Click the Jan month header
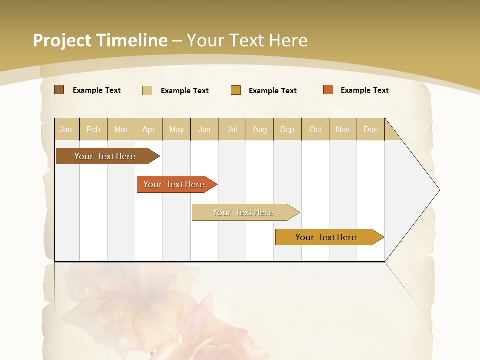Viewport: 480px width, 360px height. [66, 129]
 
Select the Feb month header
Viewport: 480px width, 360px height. [93, 129]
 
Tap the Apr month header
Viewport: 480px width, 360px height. [149, 129]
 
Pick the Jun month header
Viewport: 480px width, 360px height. [204, 129]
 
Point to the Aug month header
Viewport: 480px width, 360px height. [260, 129]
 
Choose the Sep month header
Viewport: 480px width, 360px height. [287, 129]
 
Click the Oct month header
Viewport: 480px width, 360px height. [315, 129]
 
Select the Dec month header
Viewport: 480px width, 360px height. [371, 129]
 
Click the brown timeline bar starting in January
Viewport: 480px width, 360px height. [105, 156]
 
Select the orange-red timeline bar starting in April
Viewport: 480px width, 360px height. [174, 184]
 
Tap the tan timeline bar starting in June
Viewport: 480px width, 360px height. [243, 212]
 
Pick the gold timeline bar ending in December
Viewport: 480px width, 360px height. [326, 237]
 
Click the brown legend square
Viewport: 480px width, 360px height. [59, 90]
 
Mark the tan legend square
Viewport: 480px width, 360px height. [147, 90]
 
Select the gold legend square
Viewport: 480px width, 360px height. [236, 90]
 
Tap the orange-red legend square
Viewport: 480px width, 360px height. [328, 90]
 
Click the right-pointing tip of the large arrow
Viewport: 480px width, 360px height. [439, 190]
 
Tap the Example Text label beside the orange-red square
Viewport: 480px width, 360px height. [365, 90]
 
